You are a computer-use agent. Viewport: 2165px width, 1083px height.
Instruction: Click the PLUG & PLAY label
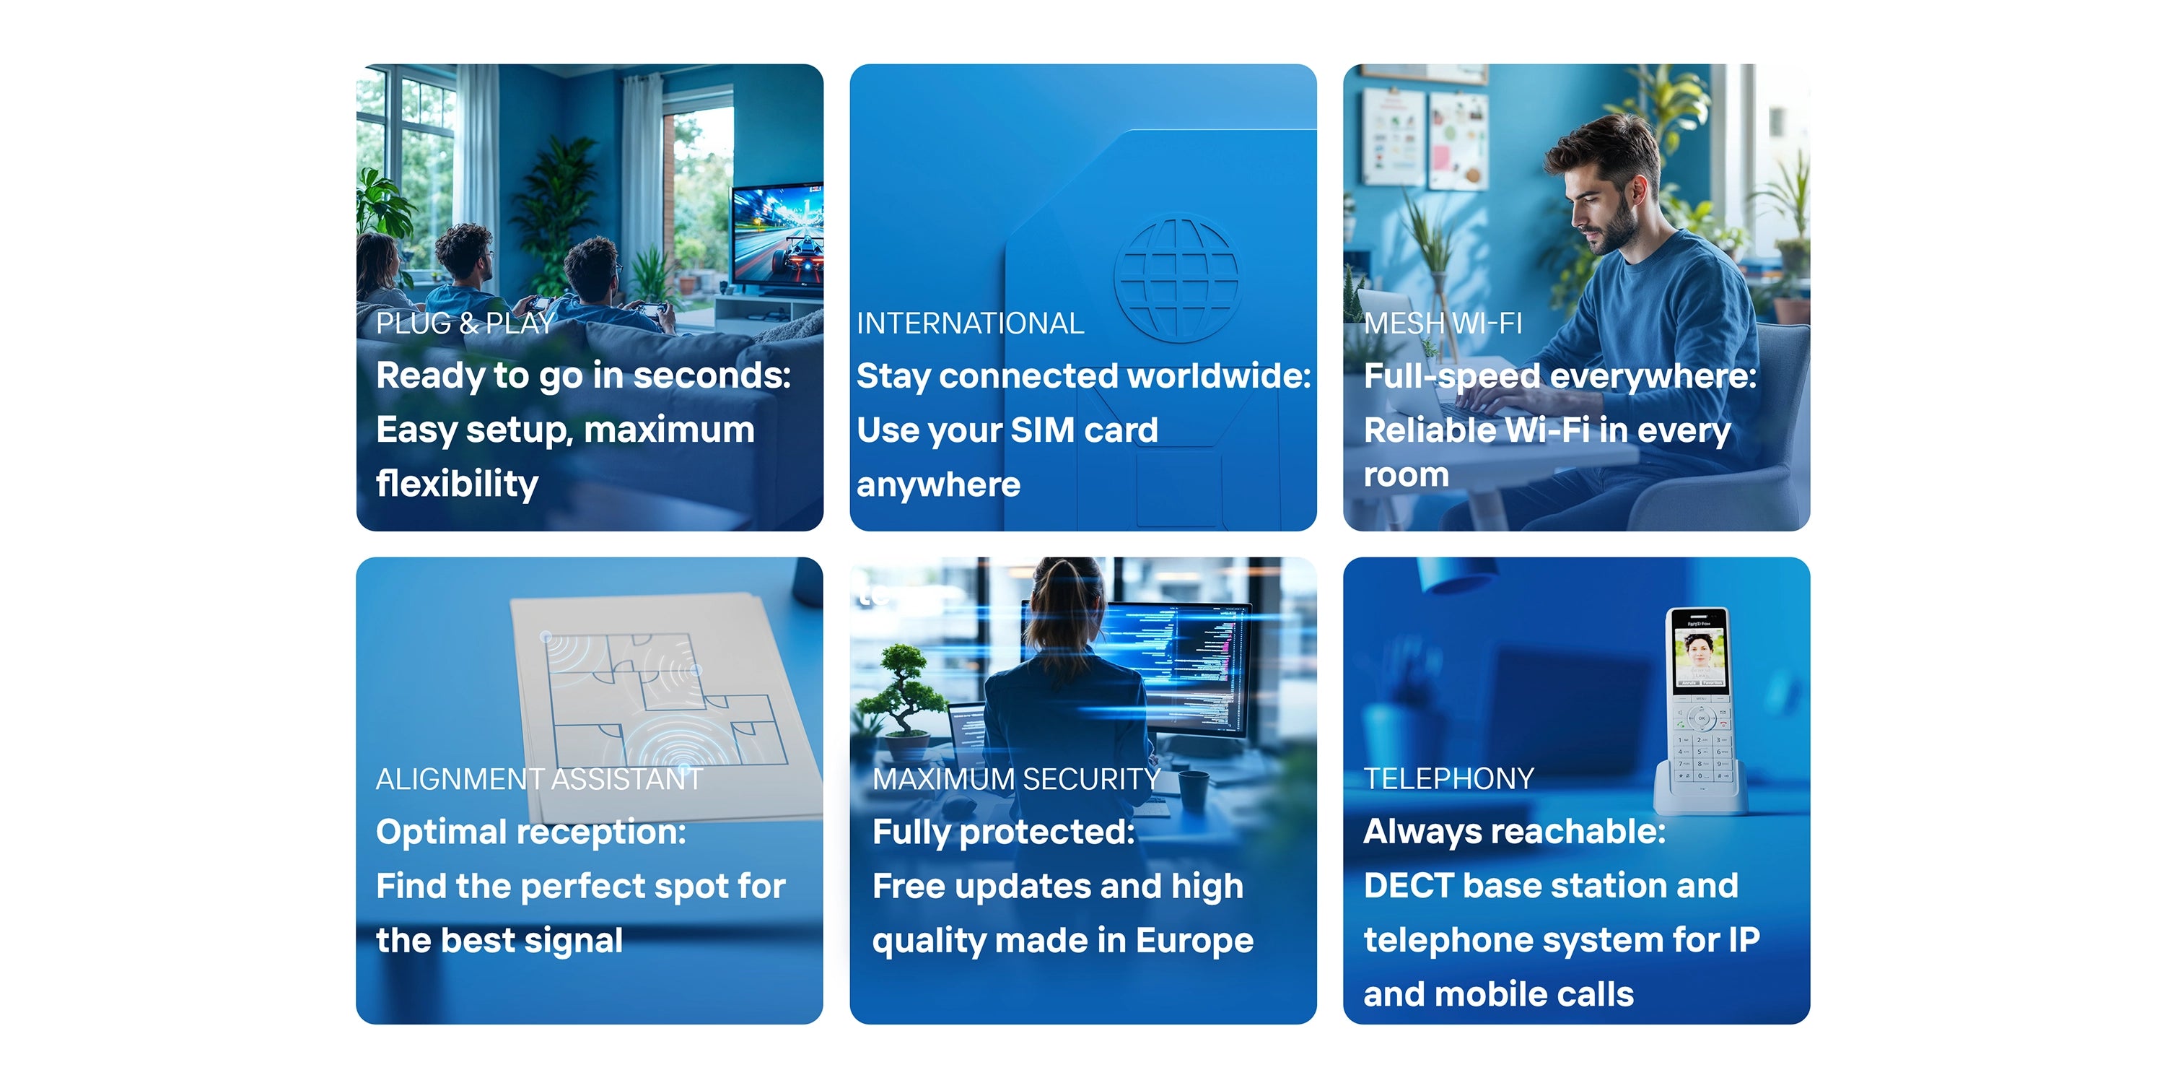tap(465, 323)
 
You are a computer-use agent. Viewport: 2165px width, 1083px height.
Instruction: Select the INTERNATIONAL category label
tap(970, 323)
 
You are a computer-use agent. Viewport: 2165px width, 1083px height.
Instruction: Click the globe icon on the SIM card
tap(1176, 277)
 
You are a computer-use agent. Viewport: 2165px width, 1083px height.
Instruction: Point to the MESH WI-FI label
tap(1442, 323)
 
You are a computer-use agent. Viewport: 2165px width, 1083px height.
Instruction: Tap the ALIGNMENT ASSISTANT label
tap(539, 780)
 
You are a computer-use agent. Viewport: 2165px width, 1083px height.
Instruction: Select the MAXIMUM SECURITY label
tap(1016, 780)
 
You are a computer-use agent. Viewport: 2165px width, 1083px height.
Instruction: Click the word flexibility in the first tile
tap(458, 484)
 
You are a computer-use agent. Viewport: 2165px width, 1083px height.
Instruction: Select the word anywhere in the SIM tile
tap(938, 484)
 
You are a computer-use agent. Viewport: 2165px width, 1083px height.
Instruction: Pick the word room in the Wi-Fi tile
tap(1406, 475)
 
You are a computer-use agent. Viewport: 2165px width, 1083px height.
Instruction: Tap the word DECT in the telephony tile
tap(1408, 885)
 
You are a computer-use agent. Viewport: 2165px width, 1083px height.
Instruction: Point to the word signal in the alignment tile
tap(573, 941)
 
